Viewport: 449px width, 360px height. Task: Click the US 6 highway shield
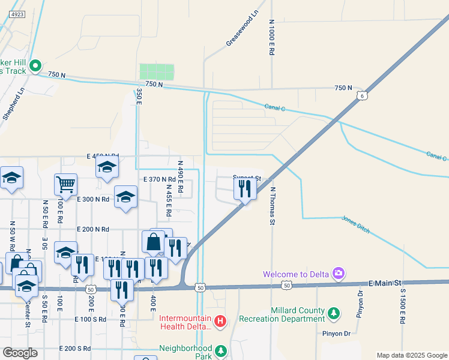pos(361,95)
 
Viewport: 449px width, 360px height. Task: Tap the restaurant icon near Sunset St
pos(245,189)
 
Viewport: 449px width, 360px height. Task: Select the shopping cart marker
pos(65,184)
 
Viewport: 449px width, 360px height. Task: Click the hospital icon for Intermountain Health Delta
pos(220,322)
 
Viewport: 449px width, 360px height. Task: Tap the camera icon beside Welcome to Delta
pos(339,274)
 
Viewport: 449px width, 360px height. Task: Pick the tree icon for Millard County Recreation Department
pos(333,313)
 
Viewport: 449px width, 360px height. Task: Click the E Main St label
pos(384,283)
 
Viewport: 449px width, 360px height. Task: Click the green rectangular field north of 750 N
pos(157,72)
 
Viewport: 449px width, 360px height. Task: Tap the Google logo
pos(20,353)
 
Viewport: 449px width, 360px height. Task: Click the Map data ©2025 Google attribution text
pos(411,355)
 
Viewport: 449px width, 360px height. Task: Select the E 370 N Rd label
pos(159,179)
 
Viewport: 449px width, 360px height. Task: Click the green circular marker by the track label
pos(35,65)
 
